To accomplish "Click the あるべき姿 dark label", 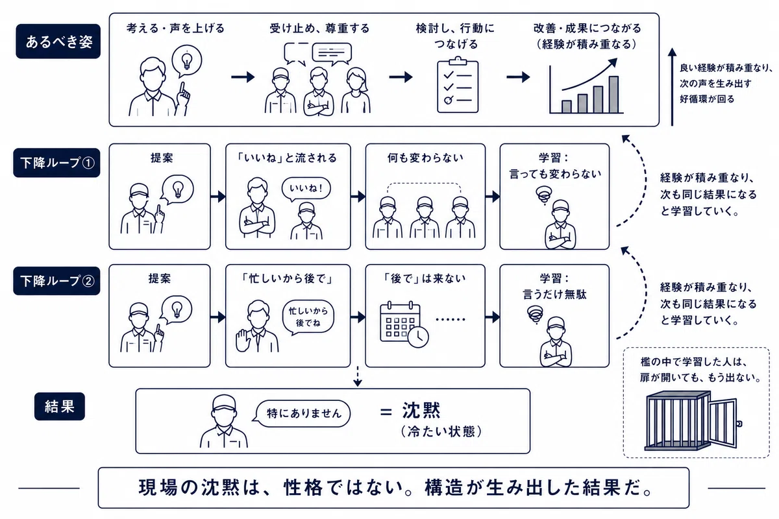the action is [x=58, y=41].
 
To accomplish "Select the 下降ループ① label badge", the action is [x=56, y=163].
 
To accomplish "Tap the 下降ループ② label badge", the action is [x=56, y=281].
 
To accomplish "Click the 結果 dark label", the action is [x=60, y=406].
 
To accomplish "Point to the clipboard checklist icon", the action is [x=458, y=85].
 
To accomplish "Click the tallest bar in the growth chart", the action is [x=613, y=95].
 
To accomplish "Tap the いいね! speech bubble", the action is [x=306, y=189].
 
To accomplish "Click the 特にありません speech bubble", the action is [x=303, y=413].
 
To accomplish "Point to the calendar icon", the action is [x=400, y=322].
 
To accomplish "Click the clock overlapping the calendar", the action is [x=418, y=337].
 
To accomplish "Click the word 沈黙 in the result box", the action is [x=421, y=411].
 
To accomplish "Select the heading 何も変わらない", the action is [x=425, y=158].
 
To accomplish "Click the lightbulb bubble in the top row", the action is [x=187, y=61].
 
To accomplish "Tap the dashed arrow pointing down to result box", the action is [x=358, y=376].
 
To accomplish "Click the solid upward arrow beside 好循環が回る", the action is [x=673, y=86].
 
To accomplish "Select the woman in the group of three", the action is [x=356, y=90].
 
